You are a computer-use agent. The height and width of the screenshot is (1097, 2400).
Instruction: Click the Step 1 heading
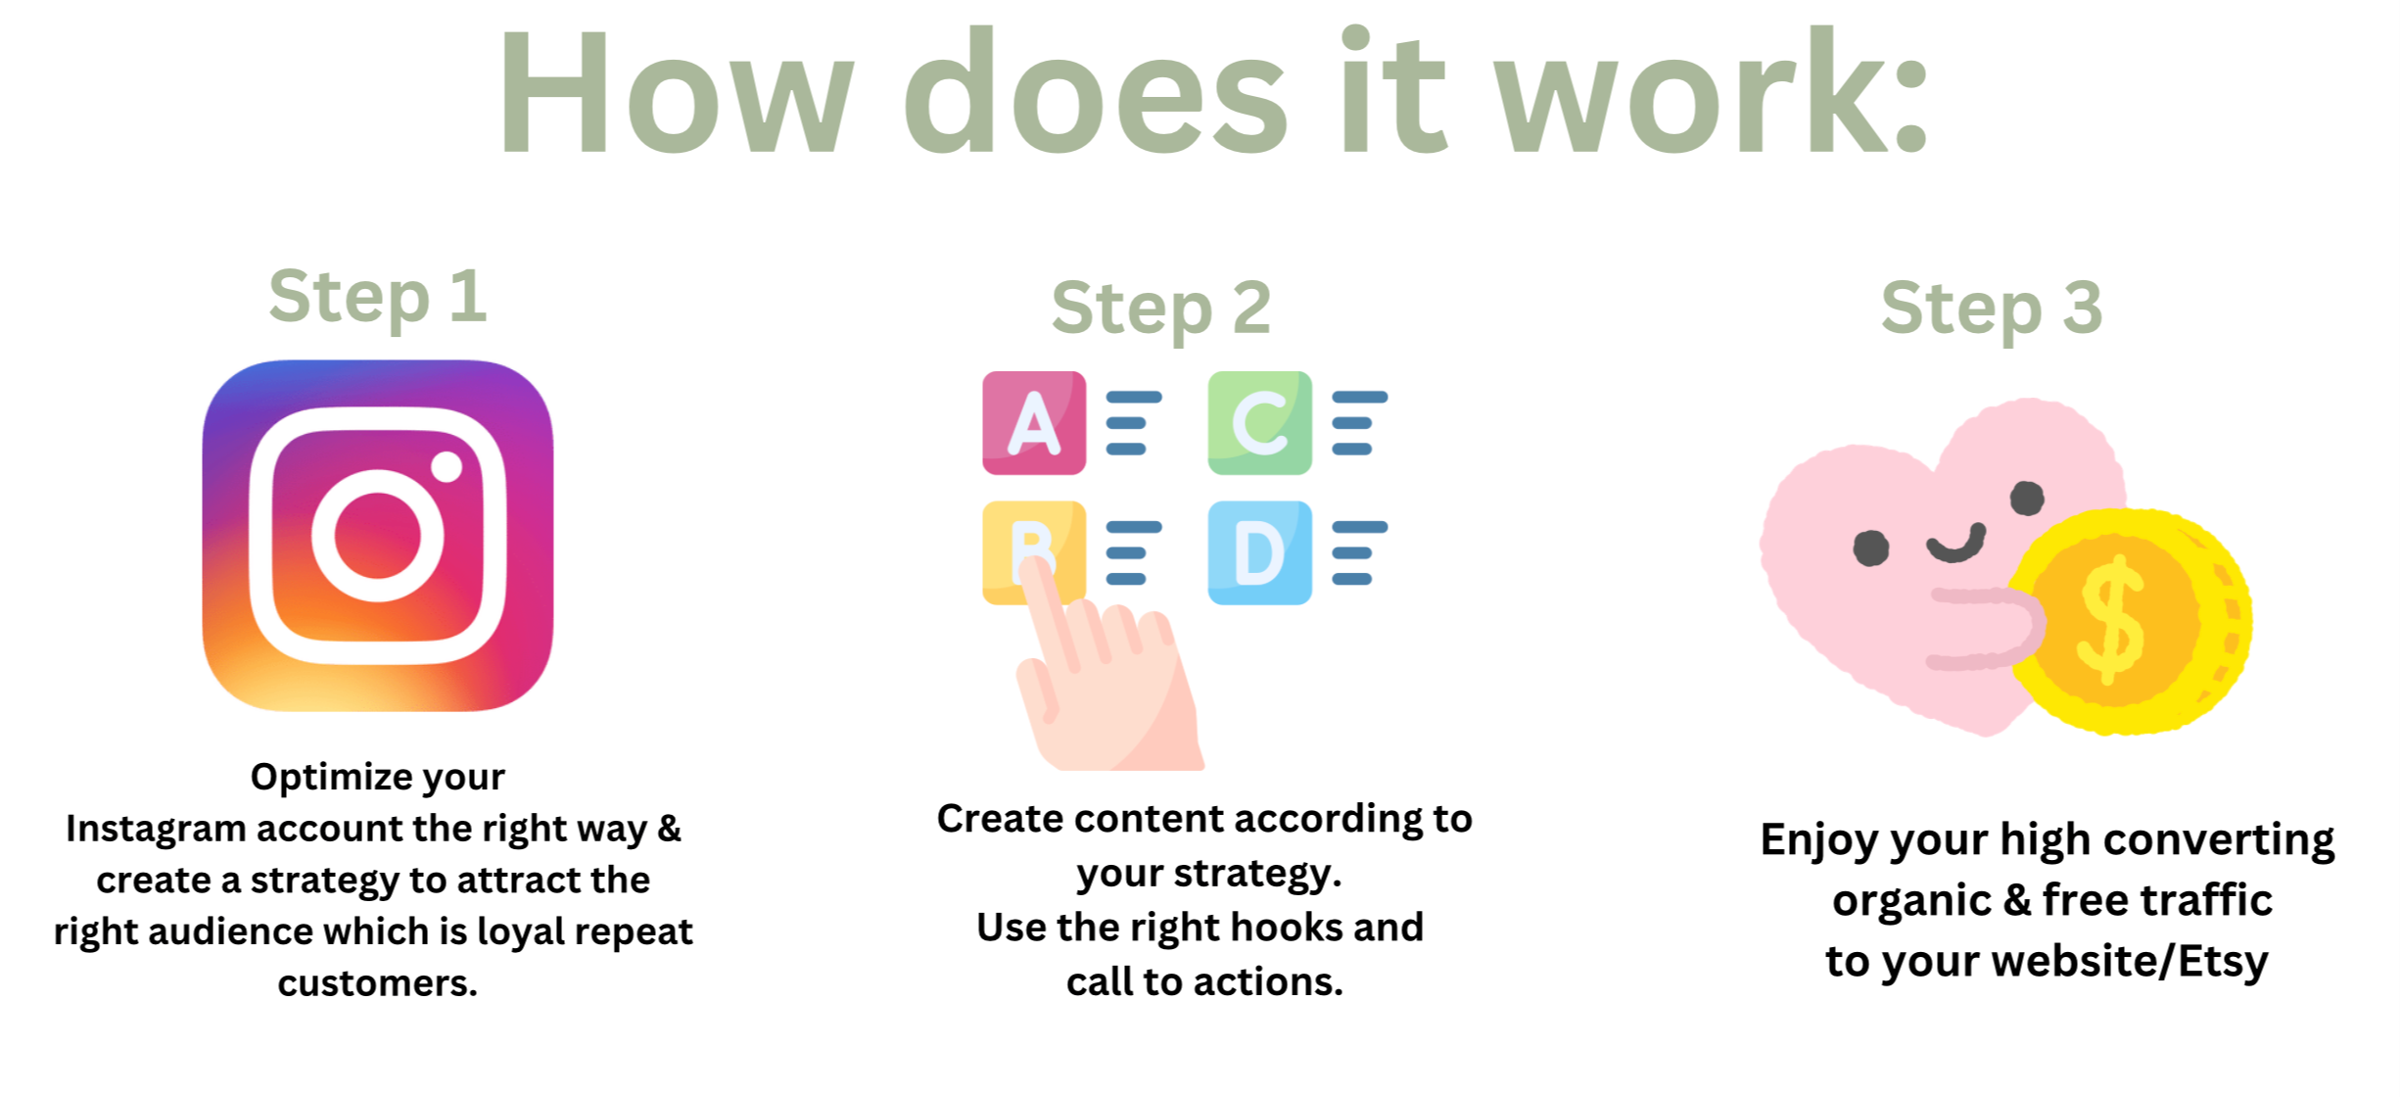tap(378, 298)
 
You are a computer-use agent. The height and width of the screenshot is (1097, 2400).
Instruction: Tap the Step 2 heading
tap(1161, 309)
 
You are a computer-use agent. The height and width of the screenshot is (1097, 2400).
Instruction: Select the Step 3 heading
tap(1992, 309)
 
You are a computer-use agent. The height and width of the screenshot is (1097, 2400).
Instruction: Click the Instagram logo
tap(378, 535)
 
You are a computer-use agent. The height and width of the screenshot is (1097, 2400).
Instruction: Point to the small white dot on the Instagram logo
tap(447, 466)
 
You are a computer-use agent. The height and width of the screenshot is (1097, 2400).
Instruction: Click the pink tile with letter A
tap(1034, 423)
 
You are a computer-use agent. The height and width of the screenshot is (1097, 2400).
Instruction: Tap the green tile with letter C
tap(1259, 423)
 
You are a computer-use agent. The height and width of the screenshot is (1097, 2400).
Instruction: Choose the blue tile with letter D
tap(1259, 552)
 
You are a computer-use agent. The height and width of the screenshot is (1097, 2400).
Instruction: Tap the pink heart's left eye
tap(1871, 548)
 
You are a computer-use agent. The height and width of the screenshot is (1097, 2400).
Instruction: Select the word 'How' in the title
tap(677, 91)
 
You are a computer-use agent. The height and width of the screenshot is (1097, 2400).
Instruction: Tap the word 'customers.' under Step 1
tap(378, 982)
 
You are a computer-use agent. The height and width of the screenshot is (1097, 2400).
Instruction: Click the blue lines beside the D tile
tap(1359, 553)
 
